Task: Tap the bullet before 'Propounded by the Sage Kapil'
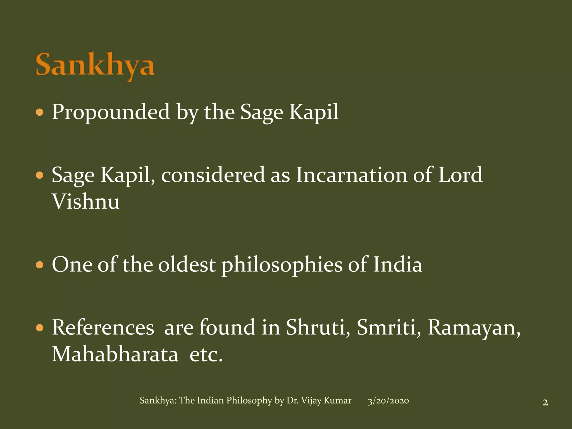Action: (x=40, y=113)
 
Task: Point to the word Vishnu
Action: (x=86, y=202)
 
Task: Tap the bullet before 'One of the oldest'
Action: (x=40, y=265)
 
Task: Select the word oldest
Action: (x=187, y=265)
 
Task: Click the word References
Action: (x=103, y=328)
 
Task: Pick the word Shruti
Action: (x=318, y=328)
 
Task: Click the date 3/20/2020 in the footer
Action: (x=388, y=401)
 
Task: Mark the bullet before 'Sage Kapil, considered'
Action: (x=40, y=175)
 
